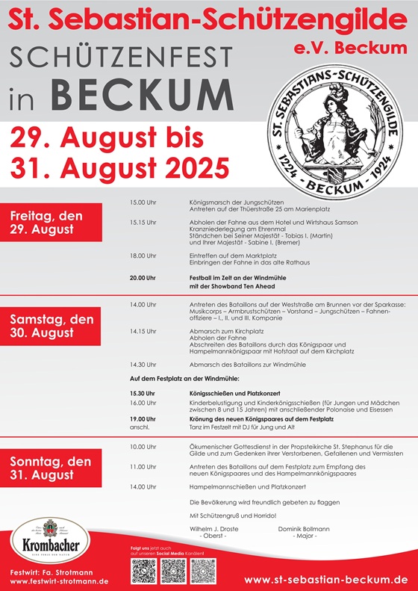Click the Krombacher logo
47,541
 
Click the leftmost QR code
145,572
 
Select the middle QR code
174,572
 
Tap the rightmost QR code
203,572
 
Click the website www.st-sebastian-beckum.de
325,579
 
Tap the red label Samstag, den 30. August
51,326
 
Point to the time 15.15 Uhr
143,223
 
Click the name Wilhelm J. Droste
218,528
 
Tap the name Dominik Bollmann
305,528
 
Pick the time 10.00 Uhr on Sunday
143,447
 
